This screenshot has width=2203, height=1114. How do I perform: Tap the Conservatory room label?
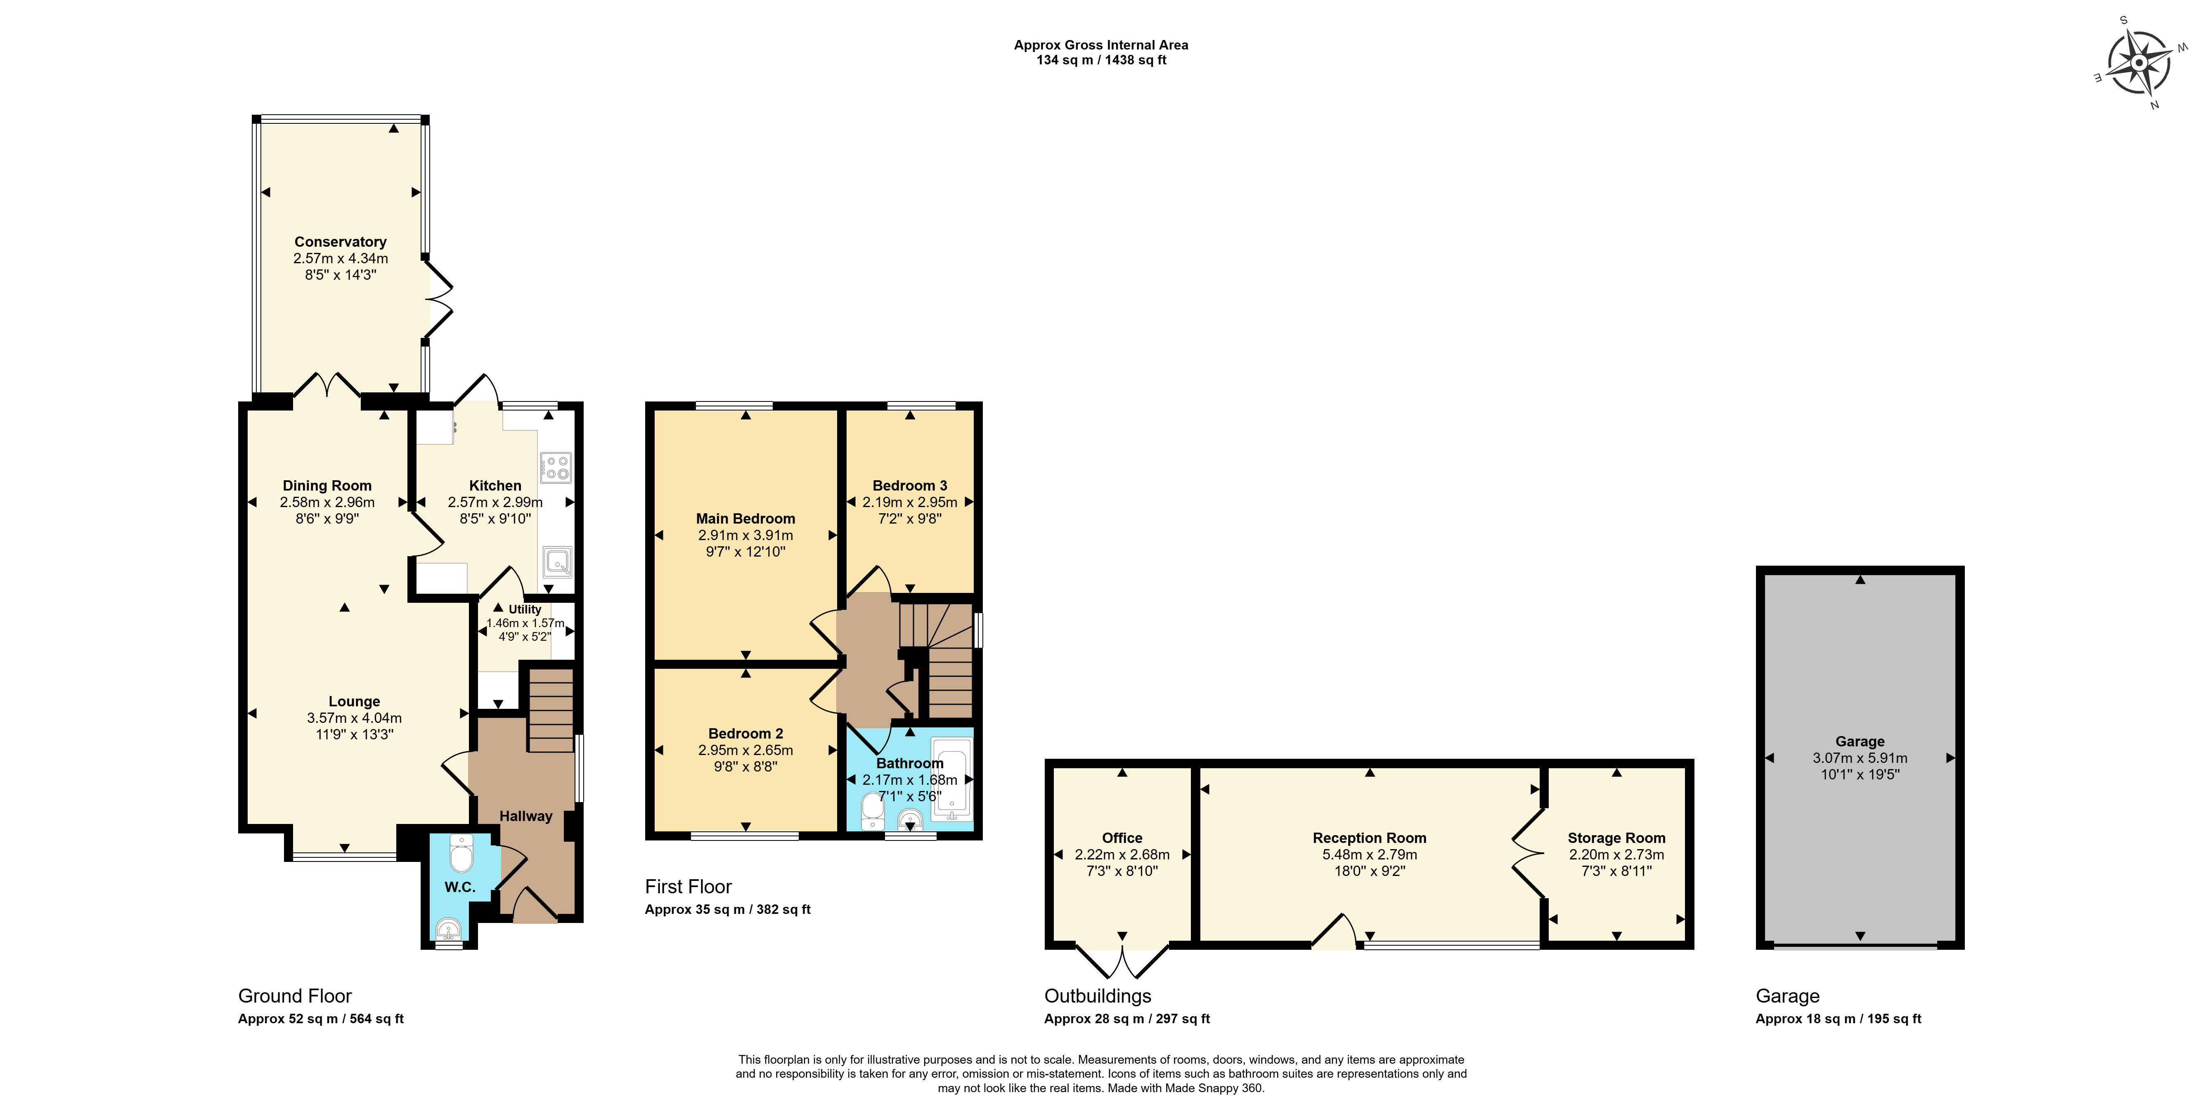[x=341, y=242]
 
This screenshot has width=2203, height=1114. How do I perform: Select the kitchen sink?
[x=557, y=562]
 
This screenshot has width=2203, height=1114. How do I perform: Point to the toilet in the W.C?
[x=461, y=852]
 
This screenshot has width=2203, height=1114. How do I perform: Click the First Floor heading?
[x=689, y=887]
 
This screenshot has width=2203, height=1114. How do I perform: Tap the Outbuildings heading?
[x=1098, y=996]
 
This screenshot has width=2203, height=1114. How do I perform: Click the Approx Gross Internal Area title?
[x=1101, y=45]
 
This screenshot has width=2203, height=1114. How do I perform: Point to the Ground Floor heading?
[x=295, y=996]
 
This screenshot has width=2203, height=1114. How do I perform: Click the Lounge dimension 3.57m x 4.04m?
[x=354, y=718]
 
